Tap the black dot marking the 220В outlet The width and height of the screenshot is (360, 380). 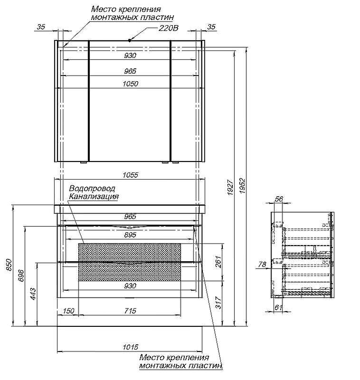pyautogui.click(x=130, y=41)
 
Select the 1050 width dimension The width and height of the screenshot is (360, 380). pyautogui.click(x=130, y=84)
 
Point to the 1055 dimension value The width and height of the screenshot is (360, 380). pyautogui.click(x=130, y=175)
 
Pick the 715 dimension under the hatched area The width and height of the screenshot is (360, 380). pyautogui.click(x=130, y=311)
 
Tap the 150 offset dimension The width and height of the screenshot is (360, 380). pyautogui.click(x=68, y=311)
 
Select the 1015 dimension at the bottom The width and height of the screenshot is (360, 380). pyautogui.click(x=130, y=347)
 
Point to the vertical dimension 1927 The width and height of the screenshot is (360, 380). pyautogui.click(x=230, y=188)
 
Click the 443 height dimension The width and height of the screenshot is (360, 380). pyautogui.click(x=32, y=294)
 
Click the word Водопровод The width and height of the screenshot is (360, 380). pyautogui.click(x=92, y=189)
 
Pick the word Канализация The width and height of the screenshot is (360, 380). pyautogui.click(x=94, y=196)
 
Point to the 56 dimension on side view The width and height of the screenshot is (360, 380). pyautogui.click(x=279, y=199)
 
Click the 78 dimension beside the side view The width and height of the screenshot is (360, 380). pyautogui.click(x=261, y=265)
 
